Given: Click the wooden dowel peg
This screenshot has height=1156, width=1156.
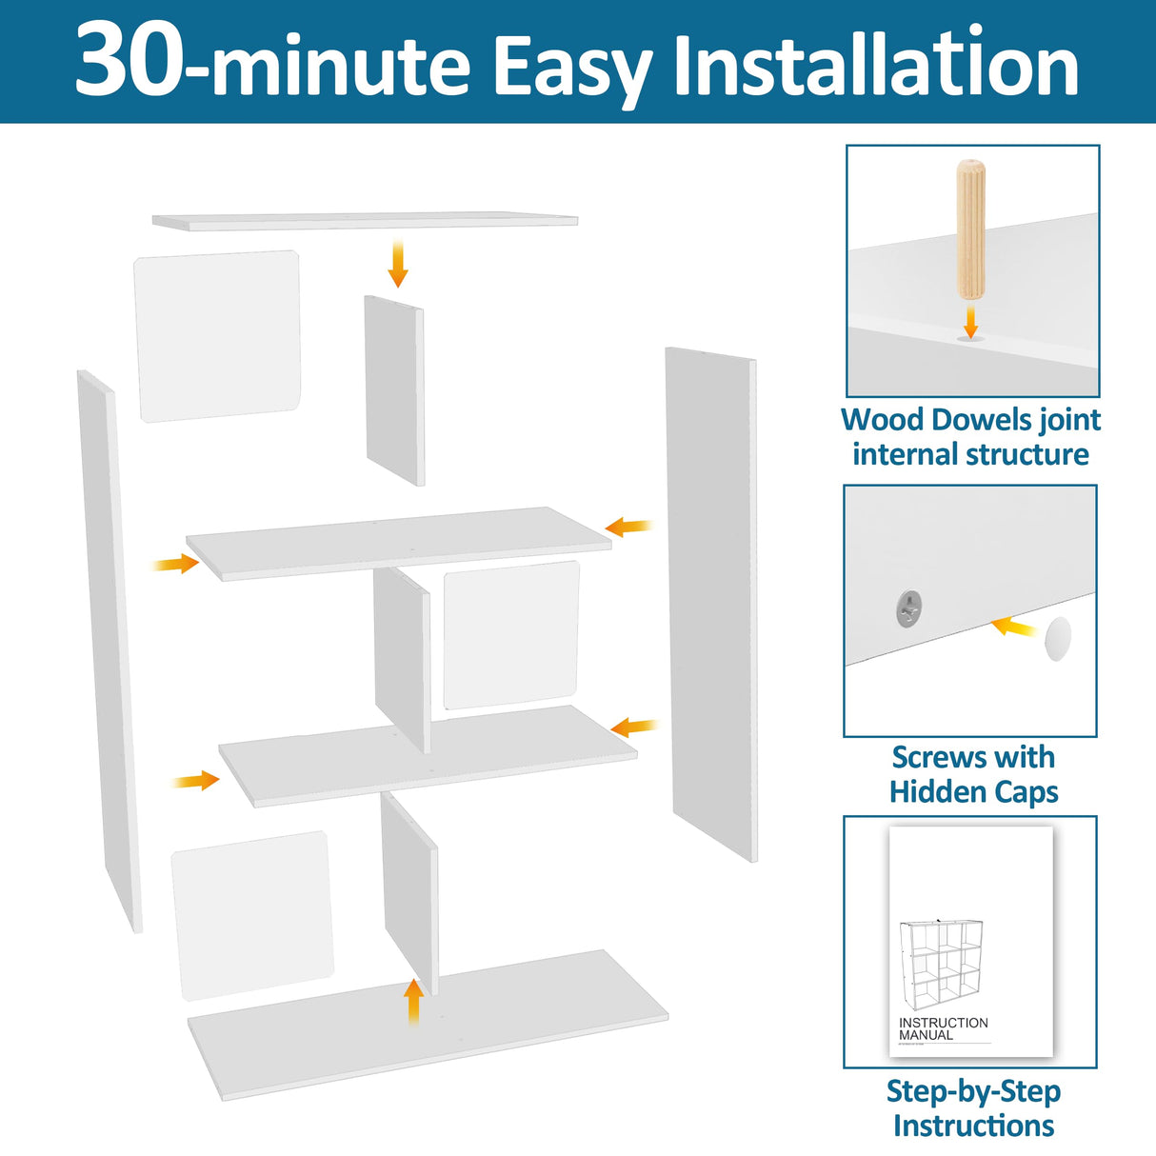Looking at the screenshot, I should (970, 229).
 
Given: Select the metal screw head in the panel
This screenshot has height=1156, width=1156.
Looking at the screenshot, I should (909, 608).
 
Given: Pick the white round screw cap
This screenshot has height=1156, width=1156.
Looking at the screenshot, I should (1057, 638).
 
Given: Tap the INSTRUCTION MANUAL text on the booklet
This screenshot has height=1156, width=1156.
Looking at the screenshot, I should (943, 1028).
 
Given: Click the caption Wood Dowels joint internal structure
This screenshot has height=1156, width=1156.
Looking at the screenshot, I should (970, 436).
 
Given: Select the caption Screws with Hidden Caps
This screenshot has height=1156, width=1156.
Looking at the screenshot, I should (973, 774).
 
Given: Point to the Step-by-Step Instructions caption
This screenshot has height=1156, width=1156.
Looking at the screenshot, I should (973, 1107).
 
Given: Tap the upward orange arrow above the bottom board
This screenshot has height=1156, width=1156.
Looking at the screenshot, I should (413, 1001).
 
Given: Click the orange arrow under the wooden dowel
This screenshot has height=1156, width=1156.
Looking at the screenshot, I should (970, 322).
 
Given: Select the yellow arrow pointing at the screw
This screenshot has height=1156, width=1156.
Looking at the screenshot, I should (1014, 627).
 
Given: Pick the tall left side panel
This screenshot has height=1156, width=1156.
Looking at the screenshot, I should (109, 648).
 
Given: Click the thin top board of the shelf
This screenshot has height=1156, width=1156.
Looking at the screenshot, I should (366, 221).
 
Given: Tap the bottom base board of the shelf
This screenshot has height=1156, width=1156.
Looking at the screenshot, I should (429, 1026).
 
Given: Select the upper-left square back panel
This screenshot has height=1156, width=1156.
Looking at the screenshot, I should (218, 335).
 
